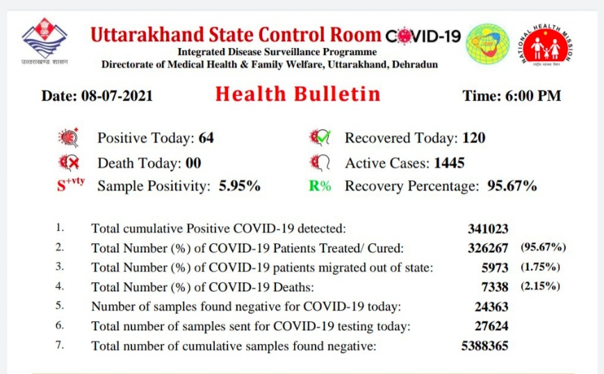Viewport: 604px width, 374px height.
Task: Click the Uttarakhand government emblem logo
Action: [x=44, y=41]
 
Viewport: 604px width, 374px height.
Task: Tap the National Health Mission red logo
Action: [x=546, y=44]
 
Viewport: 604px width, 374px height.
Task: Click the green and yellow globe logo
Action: [x=487, y=44]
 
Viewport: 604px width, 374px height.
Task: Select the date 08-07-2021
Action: [x=117, y=96]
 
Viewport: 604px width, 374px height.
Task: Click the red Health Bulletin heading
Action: [x=297, y=94]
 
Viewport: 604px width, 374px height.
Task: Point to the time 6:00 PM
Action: [x=534, y=96]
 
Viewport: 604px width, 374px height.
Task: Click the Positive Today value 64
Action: [x=206, y=138]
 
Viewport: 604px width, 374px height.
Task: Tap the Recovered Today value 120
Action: [x=474, y=138]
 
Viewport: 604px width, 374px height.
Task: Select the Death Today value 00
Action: [x=193, y=163]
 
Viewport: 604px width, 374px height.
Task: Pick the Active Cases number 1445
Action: [x=449, y=163]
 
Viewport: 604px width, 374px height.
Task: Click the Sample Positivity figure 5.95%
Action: [x=240, y=186]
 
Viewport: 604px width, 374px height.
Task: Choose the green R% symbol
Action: [x=320, y=186]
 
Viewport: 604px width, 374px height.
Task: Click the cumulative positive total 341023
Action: [x=488, y=229]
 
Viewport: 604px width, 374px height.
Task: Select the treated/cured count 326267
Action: [x=488, y=248]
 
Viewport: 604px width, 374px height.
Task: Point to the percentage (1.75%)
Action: [x=540, y=267]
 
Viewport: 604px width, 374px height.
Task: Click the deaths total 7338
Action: [x=495, y=287]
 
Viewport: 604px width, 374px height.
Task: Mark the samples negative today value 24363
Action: [x=491, y=307]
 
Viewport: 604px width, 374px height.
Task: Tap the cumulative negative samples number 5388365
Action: [x=485, y=346]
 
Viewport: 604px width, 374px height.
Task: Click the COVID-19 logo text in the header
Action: [x=423, y=36]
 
